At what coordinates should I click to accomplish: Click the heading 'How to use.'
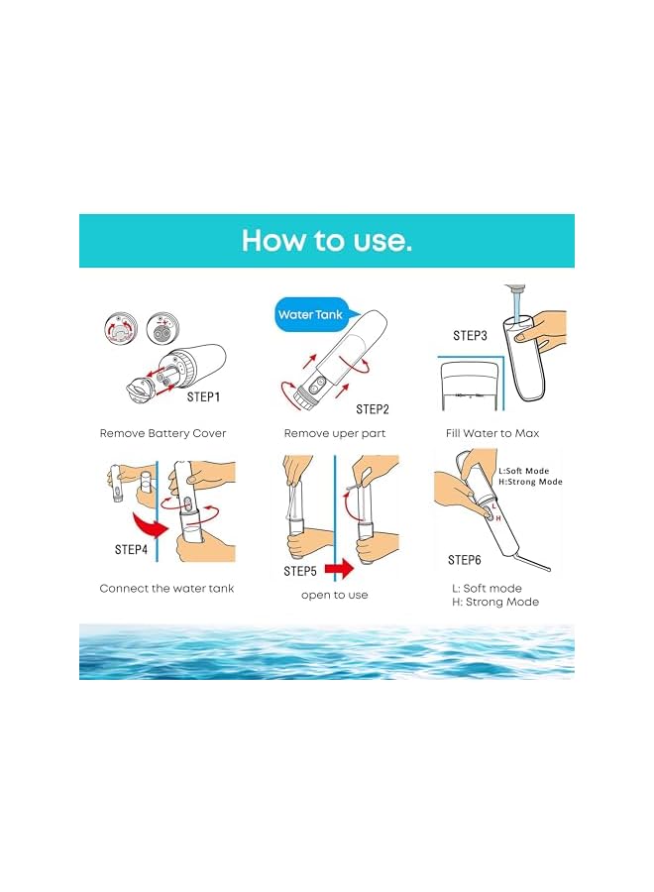coord(326,241)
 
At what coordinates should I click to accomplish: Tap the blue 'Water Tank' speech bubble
coord(309,315)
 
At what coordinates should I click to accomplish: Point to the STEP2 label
coord(374,408)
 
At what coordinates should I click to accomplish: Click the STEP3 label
coord(470,336)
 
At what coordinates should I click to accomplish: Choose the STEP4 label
coord(131,549)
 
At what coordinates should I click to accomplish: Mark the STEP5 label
coord(300,571)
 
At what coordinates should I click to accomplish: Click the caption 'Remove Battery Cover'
coord(163,433)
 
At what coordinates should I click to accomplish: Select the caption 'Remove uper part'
coord(334,433)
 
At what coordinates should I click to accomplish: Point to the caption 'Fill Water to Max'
coord(505,433)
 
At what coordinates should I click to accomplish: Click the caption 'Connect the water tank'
coord(166,589)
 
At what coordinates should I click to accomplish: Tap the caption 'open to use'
coord(334,595)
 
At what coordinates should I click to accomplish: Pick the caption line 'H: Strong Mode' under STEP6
coord(501,603)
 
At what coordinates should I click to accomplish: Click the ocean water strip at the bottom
coord(326,651)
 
